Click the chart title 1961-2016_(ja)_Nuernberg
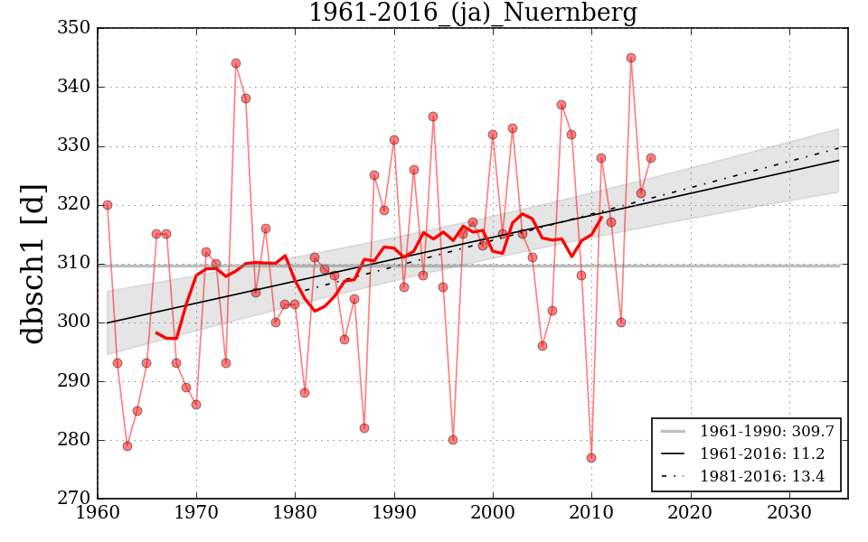[x=472, y=14]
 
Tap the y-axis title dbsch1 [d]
[x=33, y=263]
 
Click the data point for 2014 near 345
[x=631, y=58]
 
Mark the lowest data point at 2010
[x=591, y=458]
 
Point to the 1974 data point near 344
[x=236, y=63]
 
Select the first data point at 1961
[x=108, y=205]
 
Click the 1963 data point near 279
[x=127, y=446]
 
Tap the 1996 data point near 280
[x=453, y=440]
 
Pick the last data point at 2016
[x=651, y=158]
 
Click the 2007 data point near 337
[x=561, y=105]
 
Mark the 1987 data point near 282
[x=364, y=428]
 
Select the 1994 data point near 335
[x=433, y=117]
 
